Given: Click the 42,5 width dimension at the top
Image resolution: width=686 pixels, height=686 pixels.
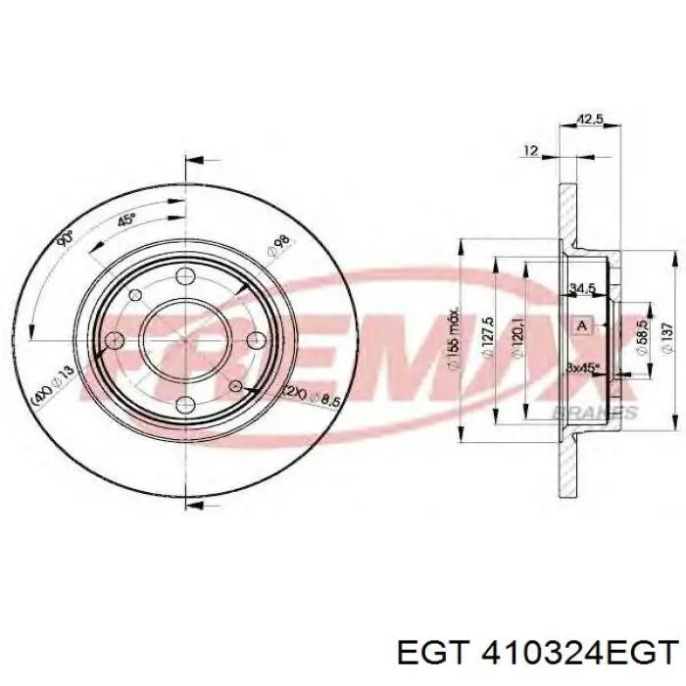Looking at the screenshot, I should pos(588,122).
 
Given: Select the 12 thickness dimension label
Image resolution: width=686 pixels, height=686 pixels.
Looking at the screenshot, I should pos(531,150).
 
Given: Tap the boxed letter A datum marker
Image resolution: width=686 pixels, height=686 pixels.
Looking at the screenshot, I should pos(582,324).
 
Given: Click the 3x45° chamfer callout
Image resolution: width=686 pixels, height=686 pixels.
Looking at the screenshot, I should pos(583,367).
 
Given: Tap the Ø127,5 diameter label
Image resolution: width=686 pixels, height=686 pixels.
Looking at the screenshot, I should pos(487,338).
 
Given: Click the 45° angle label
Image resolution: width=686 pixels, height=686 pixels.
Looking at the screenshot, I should pos(125,220).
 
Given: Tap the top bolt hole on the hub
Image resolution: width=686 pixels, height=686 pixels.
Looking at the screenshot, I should pos(186,275).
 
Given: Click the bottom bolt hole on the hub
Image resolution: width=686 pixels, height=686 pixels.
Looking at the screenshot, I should pos(186,405).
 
